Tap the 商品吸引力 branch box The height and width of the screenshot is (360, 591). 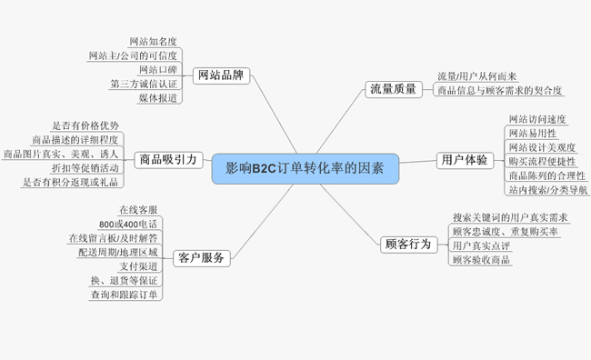pyautogui.click(x=167, y=160)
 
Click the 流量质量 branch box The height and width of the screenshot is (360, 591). pyautogui.click(x=393, y=89)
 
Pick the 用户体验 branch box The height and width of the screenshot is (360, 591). pyautogui.click(x=463, y=161)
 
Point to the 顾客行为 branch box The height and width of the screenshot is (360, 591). pyautogui.click(x=408, y=244)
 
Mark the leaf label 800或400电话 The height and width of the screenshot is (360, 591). pyautogui.click(x=129, y=224)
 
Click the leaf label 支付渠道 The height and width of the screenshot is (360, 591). pyautogui.click(x=139, y=266)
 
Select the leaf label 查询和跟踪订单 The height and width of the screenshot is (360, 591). pyautogui.click(x=124, y=295)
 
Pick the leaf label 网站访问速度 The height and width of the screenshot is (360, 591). pyautogui.click(x=537, y=119)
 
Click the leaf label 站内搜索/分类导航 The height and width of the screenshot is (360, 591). pyautogui.click(x=547, y=190)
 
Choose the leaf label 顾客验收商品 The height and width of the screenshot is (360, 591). pyautogui.click(x=481, y=260)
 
